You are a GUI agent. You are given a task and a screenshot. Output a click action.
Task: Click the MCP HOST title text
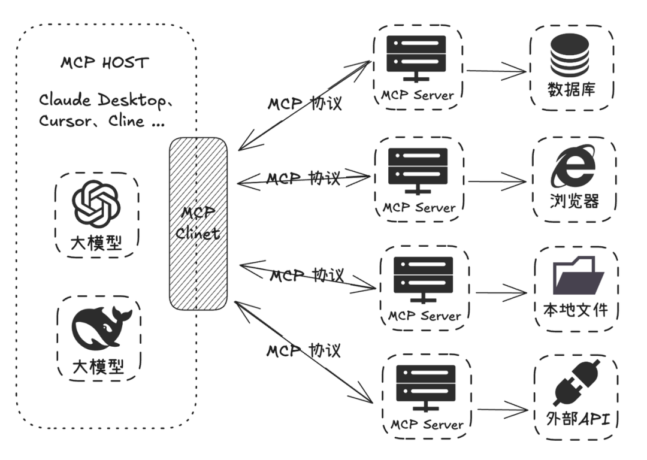105,62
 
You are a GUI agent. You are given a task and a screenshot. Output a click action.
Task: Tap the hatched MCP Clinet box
198,223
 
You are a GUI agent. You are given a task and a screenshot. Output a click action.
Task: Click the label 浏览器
573,201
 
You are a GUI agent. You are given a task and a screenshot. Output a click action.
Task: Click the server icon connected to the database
416,58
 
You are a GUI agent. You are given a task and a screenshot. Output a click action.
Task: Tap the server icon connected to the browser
418,170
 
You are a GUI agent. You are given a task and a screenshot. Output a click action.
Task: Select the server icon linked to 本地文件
422,279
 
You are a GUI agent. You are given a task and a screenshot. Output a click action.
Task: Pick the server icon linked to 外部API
425,388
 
